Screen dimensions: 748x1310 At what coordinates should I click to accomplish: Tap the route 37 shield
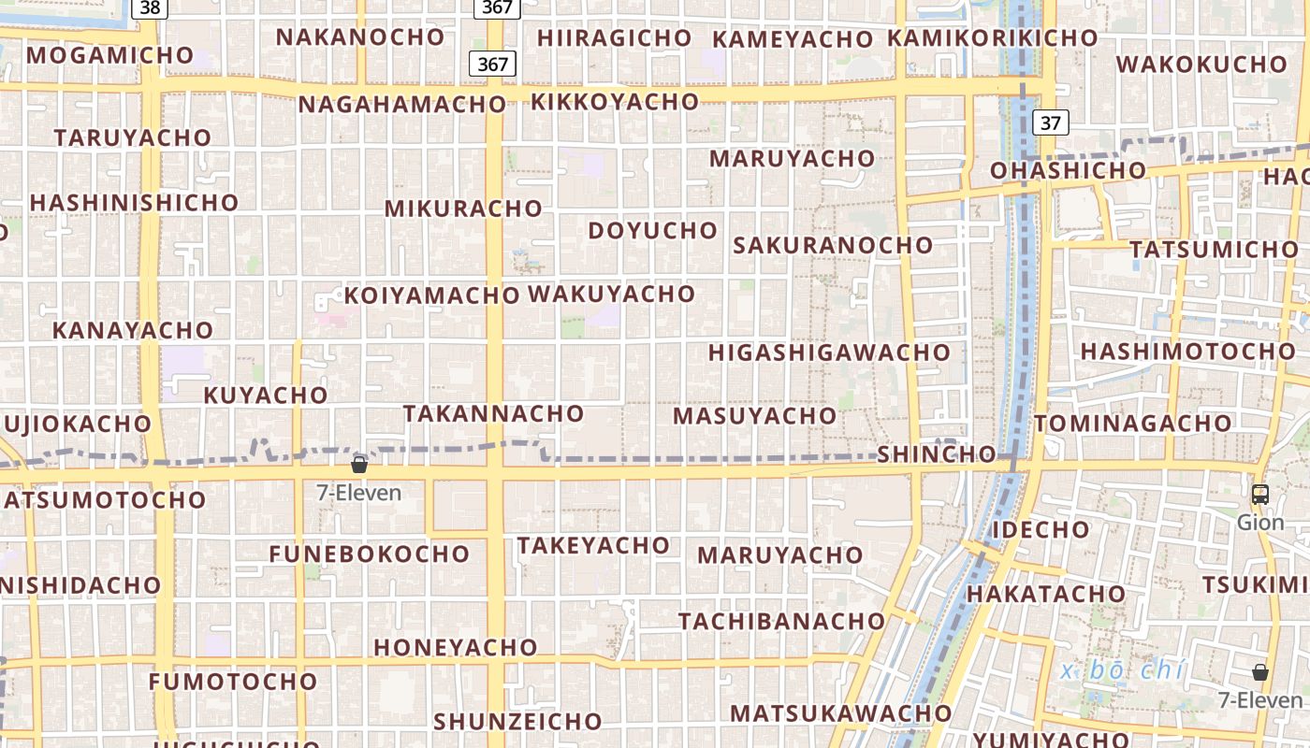click(x=1051, y=122)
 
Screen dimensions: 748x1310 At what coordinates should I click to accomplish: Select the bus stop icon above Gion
click(x=1260, y=495)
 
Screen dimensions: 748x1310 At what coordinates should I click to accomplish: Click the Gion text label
click(x=1260, y=522)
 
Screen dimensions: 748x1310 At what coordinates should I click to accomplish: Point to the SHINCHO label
click(x=937, y=454)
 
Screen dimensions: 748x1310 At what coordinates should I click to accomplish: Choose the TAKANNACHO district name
click(x=493, y=413)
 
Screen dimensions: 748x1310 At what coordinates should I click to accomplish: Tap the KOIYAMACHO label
click(x=432, y=296)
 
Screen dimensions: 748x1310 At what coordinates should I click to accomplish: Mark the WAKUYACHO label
click(x=612, y=295)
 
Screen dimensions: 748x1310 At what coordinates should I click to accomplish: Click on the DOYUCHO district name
click(x=653, y=230)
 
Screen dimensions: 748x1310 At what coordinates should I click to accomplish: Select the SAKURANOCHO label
click(x=833, y=246)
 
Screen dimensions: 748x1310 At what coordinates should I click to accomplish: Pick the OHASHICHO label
click(x=1068, y=171)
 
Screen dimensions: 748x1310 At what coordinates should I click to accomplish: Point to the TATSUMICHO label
click(x=1214, y=251)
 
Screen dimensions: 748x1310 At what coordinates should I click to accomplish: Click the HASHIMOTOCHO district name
click(x=1188, y=352)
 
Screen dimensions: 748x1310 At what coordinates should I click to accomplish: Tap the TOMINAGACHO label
click(x=1132, y=424)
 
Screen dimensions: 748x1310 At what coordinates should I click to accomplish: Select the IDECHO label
click(x=1041, y=530)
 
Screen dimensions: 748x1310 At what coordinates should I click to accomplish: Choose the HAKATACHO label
click(x=1046, y=594)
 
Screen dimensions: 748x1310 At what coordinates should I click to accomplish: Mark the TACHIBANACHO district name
click(x=781, y=621)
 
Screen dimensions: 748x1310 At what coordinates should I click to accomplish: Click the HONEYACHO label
click(x=456, y=647)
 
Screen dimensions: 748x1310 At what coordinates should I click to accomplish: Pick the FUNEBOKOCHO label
click(x=369, y=554)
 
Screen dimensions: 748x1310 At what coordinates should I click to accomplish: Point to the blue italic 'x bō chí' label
click(x=1123, y=671)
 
